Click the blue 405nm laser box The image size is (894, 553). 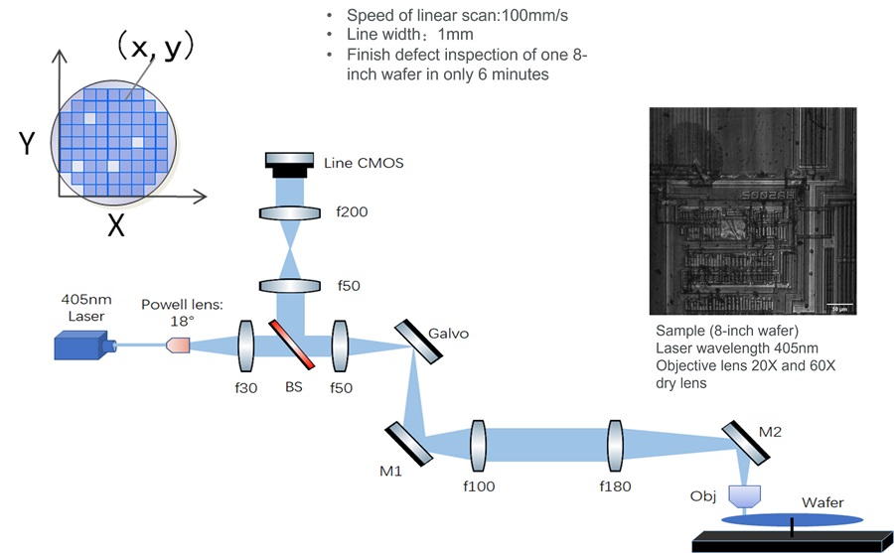(82, 346)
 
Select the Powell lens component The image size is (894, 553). (177, 346)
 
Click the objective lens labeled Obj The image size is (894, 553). (745, 495)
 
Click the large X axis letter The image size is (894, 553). (116, 225)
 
